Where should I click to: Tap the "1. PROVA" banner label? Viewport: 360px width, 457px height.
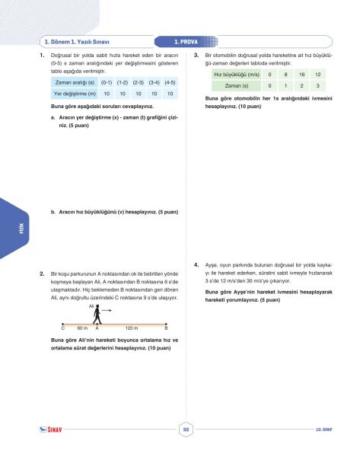click(186, 42)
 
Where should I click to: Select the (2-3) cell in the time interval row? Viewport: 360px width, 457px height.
click(139, 81)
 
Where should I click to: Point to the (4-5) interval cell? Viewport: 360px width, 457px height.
click(170, 81)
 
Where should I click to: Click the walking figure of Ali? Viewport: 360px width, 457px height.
click(97, 315)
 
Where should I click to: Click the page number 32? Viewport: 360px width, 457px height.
click(186, 430)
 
